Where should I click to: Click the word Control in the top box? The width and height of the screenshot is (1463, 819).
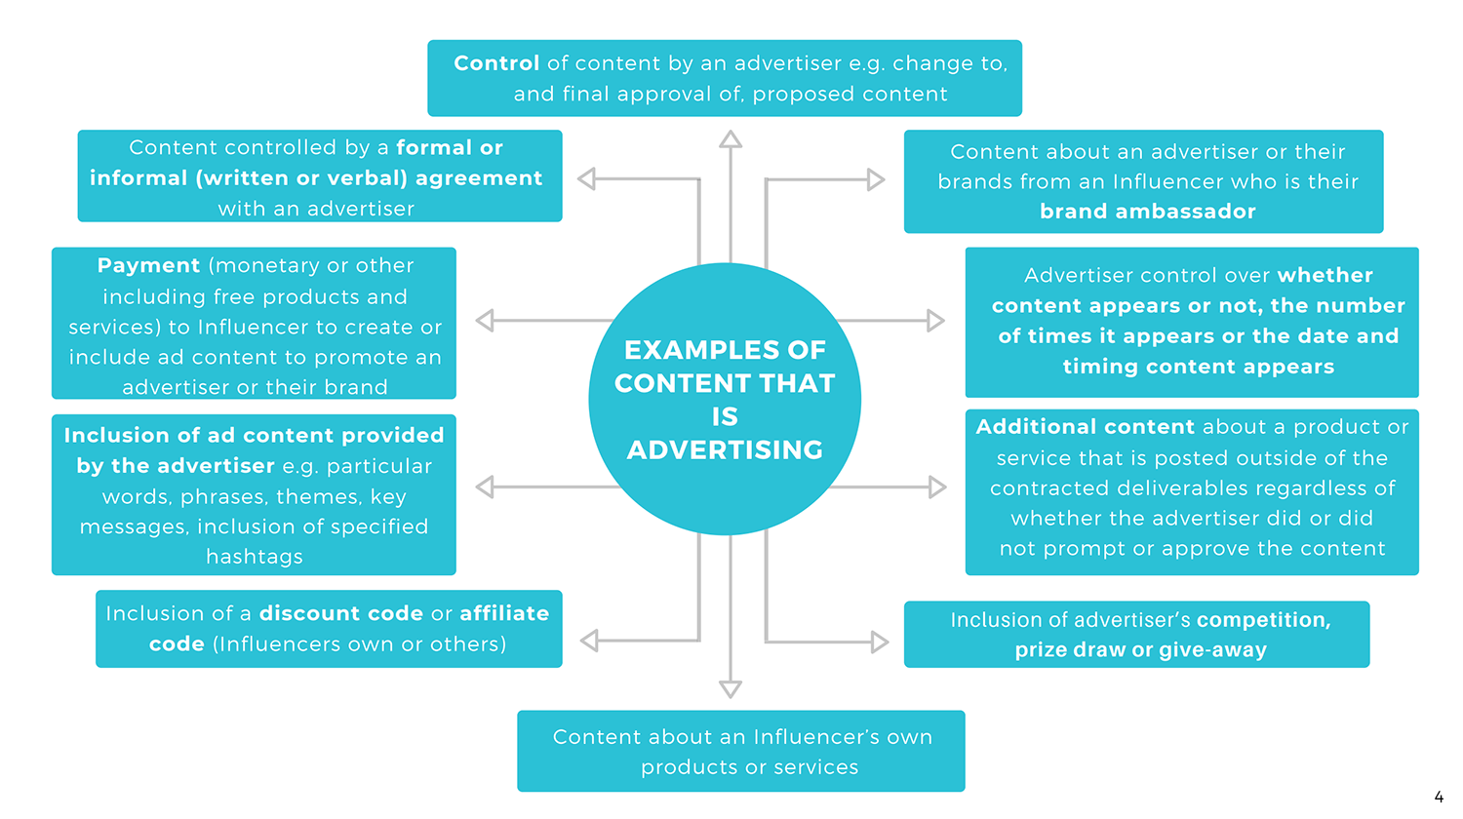(x=495, y=63)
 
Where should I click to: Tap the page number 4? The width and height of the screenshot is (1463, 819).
(x=1439, y=797)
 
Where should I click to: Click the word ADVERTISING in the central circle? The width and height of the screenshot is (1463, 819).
(x=725, y=450)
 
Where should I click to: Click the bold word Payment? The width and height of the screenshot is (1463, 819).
(x=148, y=266)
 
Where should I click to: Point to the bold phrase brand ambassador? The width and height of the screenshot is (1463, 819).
(x=1147, y=212)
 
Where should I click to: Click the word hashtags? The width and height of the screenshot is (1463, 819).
(x=255, y=557)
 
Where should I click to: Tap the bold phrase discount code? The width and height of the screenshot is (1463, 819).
(x=341, y=613)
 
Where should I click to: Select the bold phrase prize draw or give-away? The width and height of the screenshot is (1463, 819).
(x=1140, y=650)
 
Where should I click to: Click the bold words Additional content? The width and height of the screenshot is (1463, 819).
(x=1085, y=427)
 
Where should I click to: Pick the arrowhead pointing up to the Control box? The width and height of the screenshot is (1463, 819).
(x=731, y=139)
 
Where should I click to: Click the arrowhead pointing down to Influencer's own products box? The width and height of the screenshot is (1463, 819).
(x=731, y=688)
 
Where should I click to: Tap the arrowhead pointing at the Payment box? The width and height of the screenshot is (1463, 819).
(x=485, y=320)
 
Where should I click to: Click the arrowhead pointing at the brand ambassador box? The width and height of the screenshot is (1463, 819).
(x=876, y=179)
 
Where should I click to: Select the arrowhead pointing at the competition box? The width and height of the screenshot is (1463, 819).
(x=879, y=642)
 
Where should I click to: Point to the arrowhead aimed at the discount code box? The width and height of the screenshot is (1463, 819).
(x=589, y=641)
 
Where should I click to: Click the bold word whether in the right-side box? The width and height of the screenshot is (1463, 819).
(x=1325, y=276)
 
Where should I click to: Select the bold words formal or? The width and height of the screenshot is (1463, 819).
(x=449, y=148)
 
